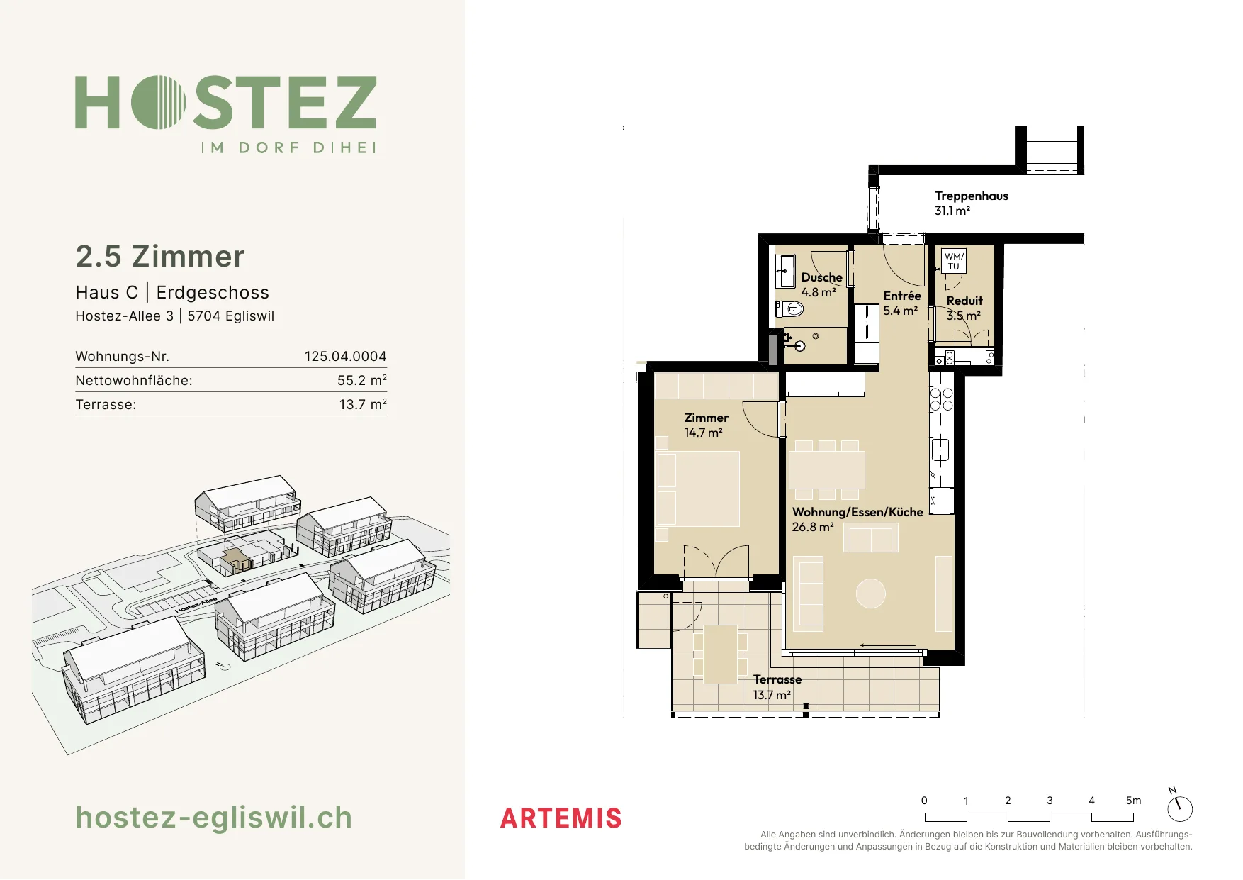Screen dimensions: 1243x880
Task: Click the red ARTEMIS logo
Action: pyautogui.click(x=561, y=818)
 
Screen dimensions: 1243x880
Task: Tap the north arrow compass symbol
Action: pyautogui.click(x=1179, y=808)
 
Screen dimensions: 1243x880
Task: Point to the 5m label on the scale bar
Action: pyautogui.click(x=1133, y=801)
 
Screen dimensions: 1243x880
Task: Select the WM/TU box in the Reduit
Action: pyautogui.click(x=954, y=261)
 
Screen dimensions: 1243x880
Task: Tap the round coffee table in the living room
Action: pyautogui.click(x=870, y=594)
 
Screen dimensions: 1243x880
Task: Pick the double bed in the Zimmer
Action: pyautogui.click(x=698, y=489)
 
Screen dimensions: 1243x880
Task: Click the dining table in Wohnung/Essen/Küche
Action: pyautogui.click(x=826, y=469)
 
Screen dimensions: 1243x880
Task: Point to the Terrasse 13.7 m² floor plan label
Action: pyautogui.click(x=777, y=687)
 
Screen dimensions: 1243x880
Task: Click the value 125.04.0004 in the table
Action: pyautogui.click(x=345, y=356)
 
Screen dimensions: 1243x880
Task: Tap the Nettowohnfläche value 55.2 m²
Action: pyautogui.click(x=361, y=380)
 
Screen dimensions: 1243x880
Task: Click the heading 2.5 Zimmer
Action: pyautogui.click(x=160, y=256)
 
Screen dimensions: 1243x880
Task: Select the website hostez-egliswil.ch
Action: pyautogui.click(x=213, y=818)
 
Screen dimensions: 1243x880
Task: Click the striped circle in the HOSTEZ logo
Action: pyautogui.click(x=158, y=102)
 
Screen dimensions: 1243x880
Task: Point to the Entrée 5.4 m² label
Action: pyautogui.click(x=901, y=303)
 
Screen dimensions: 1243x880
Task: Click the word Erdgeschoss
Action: pyautogui.click(x=213, y=292)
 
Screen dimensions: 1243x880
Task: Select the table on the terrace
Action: pyautogui.click(x=720, y=654)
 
